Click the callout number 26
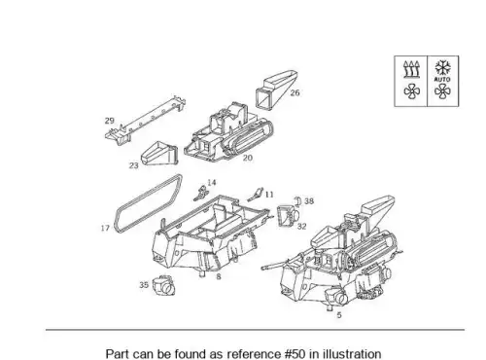(x=295, y=92)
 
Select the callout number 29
(x=110, y=121)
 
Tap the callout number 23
(x=133, y=165)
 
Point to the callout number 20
(x=247, y=158)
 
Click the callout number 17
(x=105, y=228)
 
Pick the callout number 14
(x=212, y=183)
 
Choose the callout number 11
(x=269, y=195)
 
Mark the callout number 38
(x=309, y=201)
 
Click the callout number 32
(x=301, y=227)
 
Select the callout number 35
(x=144, y=285)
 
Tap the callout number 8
(x=219, y=276)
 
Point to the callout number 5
(x=339, y=315)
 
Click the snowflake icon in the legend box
(x=442, y=67)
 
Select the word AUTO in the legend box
(x=442, y=79)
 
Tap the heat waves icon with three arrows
(x=411, y=69)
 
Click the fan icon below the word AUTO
(x=442, y=91)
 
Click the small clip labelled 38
(x=297, y=201)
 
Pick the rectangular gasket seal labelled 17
(x=149, y=204)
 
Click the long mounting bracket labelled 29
(x=146, y=120)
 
